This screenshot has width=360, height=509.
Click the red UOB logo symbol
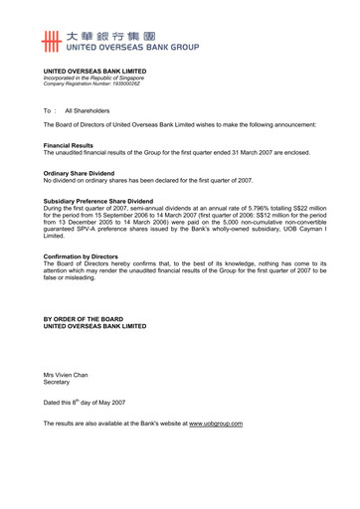53,40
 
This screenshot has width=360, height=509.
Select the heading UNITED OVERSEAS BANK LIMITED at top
94,72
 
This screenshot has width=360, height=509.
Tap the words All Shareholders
88,110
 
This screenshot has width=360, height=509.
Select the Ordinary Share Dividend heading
86,173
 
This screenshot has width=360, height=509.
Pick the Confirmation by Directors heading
90,255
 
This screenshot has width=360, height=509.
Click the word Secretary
58,381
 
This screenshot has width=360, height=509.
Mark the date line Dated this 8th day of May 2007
85,402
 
